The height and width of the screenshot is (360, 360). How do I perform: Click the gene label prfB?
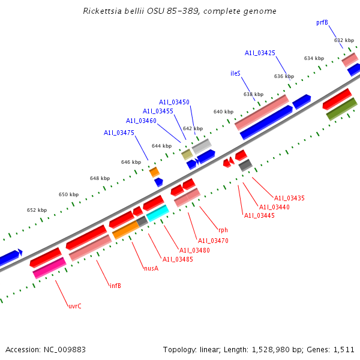point(322,22)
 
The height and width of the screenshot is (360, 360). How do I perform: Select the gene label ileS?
point(235,73)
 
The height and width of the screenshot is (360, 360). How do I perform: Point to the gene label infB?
point(115,286)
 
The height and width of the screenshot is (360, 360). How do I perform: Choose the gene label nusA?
point(151,268)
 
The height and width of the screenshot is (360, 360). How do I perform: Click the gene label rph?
point(223,230)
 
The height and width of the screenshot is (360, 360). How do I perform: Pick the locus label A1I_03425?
point(260,53)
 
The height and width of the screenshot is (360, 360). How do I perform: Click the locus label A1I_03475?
point(119,133)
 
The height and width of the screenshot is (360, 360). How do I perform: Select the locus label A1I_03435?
point(289,198)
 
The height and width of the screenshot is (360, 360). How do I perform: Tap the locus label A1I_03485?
point(178,259)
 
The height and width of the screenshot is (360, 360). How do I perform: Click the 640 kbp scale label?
point(223,112)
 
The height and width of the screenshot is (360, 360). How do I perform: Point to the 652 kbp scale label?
point(37,210)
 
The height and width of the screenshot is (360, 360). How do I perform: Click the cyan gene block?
point(157,212)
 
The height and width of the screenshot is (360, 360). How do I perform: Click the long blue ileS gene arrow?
point(266,122)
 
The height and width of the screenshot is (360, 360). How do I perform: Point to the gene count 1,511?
point(344,349)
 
